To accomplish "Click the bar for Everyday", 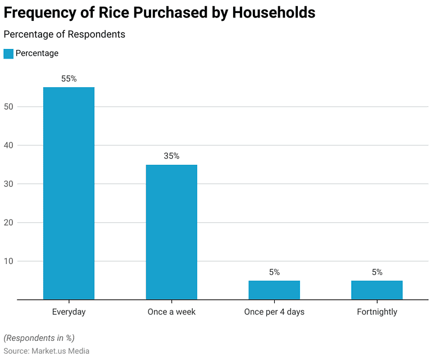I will [x=69, y=193].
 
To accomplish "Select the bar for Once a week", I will [x=171, y=232].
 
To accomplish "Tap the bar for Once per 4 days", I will [x=274, y=290].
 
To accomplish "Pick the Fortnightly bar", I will [x=376, y=290].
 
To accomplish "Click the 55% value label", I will [x=69, y=79].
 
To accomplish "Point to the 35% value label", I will [x=171, y=156].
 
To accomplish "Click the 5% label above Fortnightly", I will [x=376, y=272].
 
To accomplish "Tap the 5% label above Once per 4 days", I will [x=274, y=272].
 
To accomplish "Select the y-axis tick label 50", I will [x=9, y=107].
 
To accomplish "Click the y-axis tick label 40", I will [x=9, y=145].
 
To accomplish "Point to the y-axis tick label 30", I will [x=9, y=184].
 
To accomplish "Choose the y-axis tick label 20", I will [x=9, y=223].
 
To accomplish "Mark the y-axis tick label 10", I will [x=9, y=261].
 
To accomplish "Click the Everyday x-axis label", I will [x=69, y=312].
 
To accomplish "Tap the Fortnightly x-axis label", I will [x=376, y=312].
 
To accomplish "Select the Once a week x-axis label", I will [x=171, y=312].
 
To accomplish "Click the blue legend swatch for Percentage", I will [x=8, y=53].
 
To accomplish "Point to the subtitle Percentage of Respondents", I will [x=64, y=34].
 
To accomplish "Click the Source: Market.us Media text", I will [x=46, y=351].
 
